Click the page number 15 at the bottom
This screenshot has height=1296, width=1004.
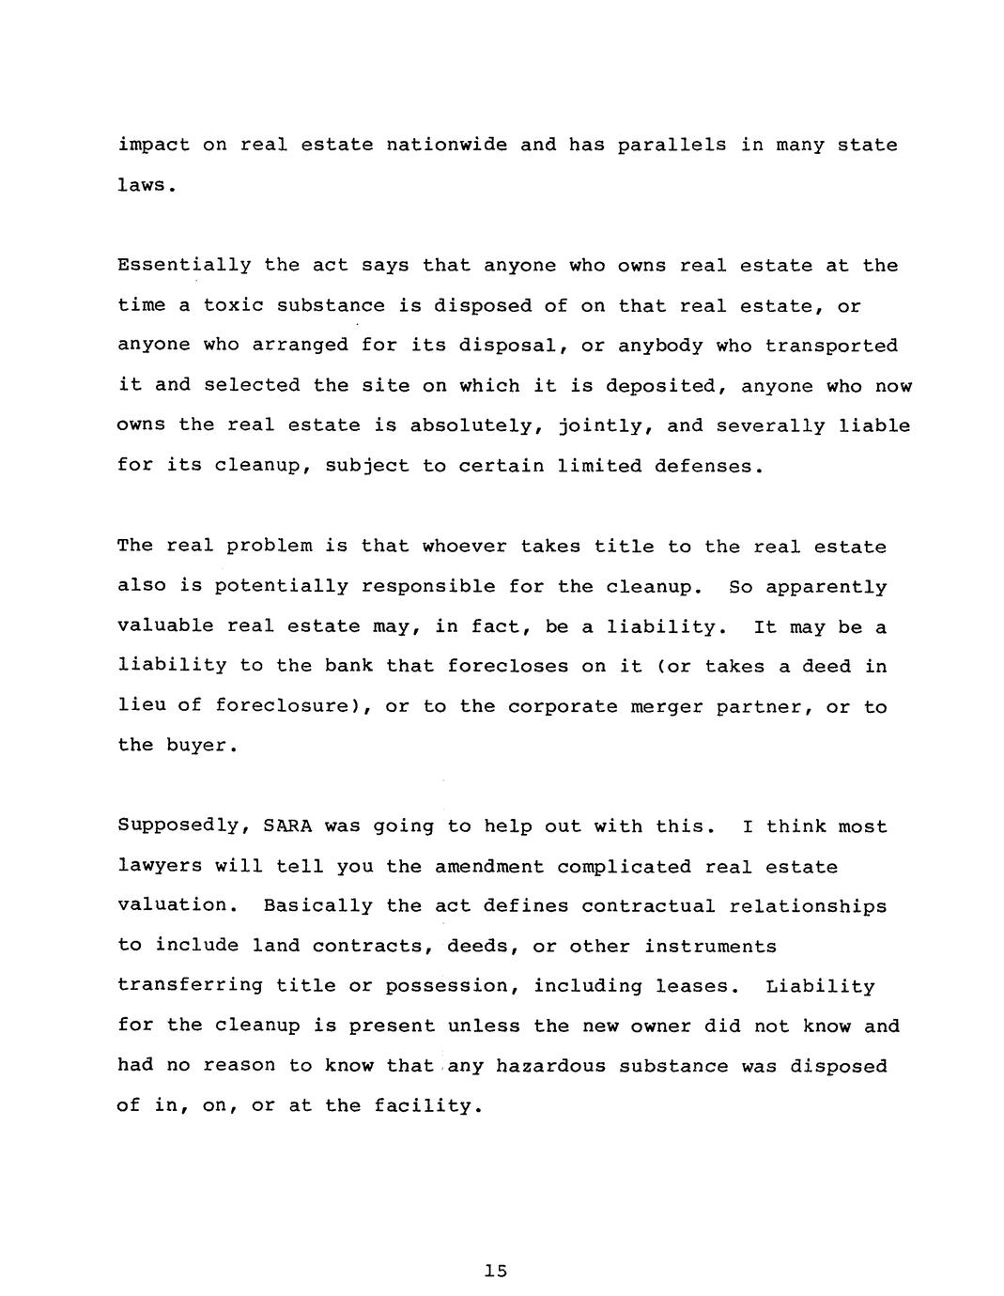click(495, 1271)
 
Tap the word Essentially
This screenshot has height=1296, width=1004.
click(184, 266)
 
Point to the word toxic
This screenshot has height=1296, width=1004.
click(234, 305)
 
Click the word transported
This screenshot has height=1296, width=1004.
click(831, 346)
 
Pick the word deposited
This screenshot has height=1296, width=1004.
click(666, 386)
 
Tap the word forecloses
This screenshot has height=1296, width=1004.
click(508, 666)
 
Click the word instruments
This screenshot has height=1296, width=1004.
click(710, 946)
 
